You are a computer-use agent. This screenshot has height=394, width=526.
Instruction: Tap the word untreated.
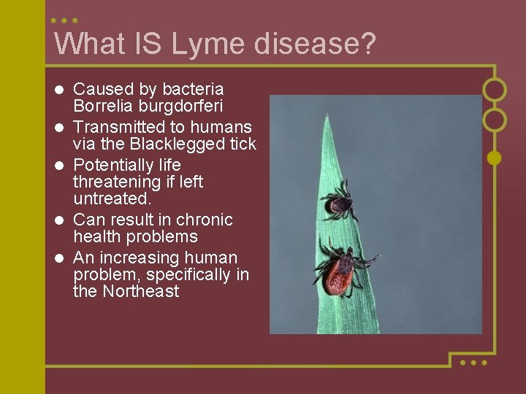pos(112,198)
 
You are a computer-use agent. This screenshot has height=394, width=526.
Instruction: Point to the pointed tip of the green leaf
pos(329,117)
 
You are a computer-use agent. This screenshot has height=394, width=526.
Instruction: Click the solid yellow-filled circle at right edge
pos(494,157)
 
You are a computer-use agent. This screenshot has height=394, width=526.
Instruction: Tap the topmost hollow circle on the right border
pos(495,90)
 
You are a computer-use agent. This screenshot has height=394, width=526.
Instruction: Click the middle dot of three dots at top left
pos(65,20)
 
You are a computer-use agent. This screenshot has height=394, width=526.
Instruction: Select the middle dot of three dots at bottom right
pos(473,362)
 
